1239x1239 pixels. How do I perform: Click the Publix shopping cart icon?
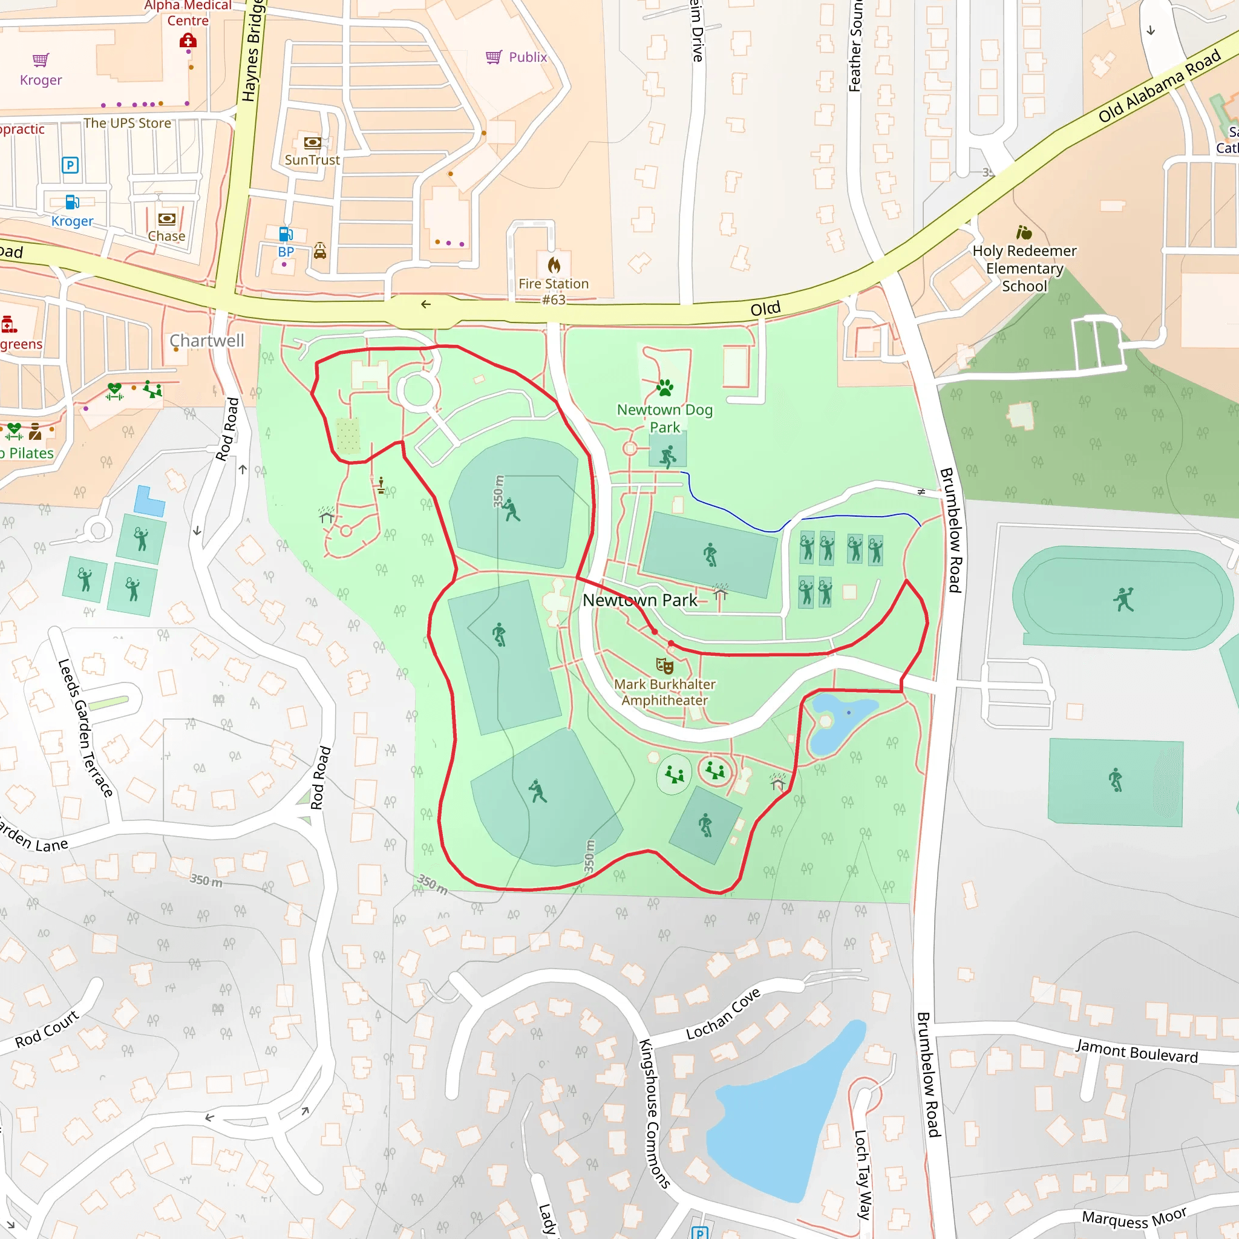click(493, 57)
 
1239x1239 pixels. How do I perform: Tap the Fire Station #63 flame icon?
click(554, 265)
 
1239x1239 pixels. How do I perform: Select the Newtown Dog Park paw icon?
click(665, 387)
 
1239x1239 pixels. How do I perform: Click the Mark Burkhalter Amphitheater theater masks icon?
click(664, 665)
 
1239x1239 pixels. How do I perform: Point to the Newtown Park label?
click(639, 600)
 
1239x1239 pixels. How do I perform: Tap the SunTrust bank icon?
click(312, 142)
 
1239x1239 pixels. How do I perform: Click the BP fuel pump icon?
click(286, 234)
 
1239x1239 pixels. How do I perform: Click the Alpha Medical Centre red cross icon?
click(188, 41)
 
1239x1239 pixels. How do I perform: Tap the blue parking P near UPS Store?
click(70, 165)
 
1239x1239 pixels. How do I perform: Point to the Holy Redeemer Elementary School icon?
click(1024, 232)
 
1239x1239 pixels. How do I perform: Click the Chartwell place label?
click(206, 341)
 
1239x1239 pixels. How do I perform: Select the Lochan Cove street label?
click(723, 1014)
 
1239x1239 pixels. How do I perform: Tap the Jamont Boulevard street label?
click(1136, 1051)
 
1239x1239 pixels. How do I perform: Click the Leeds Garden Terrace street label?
click(85, 728)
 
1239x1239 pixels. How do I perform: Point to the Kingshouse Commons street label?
click(654, 1113)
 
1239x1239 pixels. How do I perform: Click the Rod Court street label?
click(47, 1029)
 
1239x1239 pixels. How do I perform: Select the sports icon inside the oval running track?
click(1123, 599)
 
